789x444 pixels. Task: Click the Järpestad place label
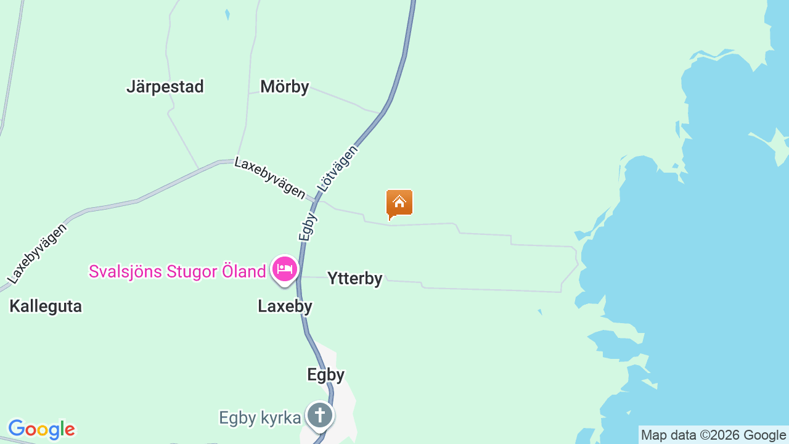click(165, 87)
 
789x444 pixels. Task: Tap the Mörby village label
click(284, 87)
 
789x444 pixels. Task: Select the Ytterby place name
click(354, 279)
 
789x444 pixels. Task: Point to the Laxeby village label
click(285, 306)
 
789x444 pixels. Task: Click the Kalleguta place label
click(46, 306)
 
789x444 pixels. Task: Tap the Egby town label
click(325, 375)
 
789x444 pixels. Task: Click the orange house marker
click(399, 203)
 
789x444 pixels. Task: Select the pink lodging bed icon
click(285, 269)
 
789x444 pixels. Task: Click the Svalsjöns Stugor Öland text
click(177, 271)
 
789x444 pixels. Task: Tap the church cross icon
click(320, 414)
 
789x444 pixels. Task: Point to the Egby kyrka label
click(260, 418)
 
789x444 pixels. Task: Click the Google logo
click(41, 429)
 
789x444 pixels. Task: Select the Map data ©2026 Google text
click(713, 435)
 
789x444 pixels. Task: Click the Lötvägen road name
click(337, 167)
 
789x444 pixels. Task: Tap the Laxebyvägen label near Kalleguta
click(37, 253)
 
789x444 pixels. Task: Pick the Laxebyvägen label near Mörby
click(270, 178)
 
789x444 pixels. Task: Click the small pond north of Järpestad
click(227, 14)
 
